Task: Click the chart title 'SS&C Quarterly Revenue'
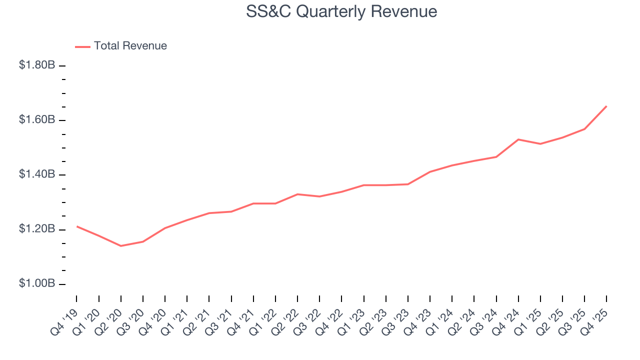click(x=341, y=11)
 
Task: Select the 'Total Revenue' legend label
click(x=130, y=46)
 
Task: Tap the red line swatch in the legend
click(x=82, y=46)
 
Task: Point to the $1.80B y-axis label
click(x=37, y=65)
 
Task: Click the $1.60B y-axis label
click(x=37, y=120)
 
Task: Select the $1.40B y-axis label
click(x=37, y=174)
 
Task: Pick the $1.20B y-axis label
click(x=37, y=229)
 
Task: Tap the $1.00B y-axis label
click(x=37, y=283)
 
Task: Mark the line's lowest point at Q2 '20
click(x=120, y=246)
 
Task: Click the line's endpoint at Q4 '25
click(x=606, y=106)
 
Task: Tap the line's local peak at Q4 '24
click(x=518, y=139)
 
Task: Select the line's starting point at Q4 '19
click(x=77, y=226)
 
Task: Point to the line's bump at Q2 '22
click(x=297, y=194)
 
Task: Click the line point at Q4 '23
click(x=430, y=172)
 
